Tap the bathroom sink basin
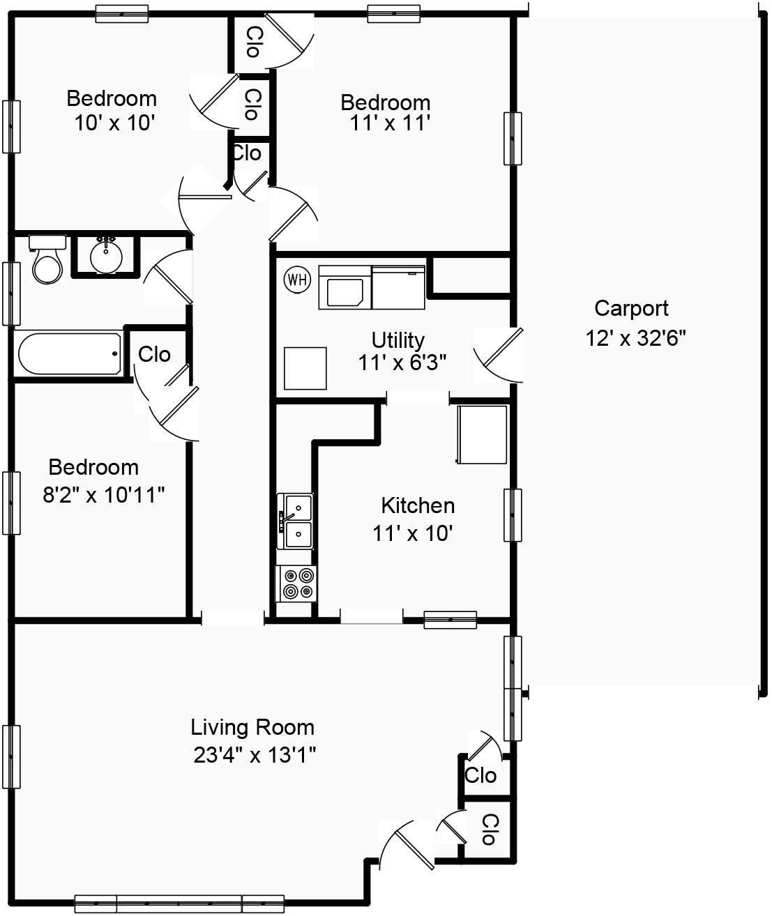[106, 256]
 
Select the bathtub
[69, 353]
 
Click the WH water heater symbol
[297, 280]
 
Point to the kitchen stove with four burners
[297, 583]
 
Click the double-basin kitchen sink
[296, 521]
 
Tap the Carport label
[631, 308]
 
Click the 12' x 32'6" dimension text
[635, 338]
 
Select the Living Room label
[252, 727]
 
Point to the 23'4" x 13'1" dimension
[255, 755]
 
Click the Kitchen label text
[418, 505]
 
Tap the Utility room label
[398, 340]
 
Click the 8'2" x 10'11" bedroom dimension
[104, 495]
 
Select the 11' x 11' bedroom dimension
[389, 123]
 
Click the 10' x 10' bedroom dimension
[114, 123]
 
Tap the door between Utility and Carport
[498, 355]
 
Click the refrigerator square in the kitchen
[482, 434]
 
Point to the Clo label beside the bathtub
[154, 354]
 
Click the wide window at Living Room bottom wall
[179, 903]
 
